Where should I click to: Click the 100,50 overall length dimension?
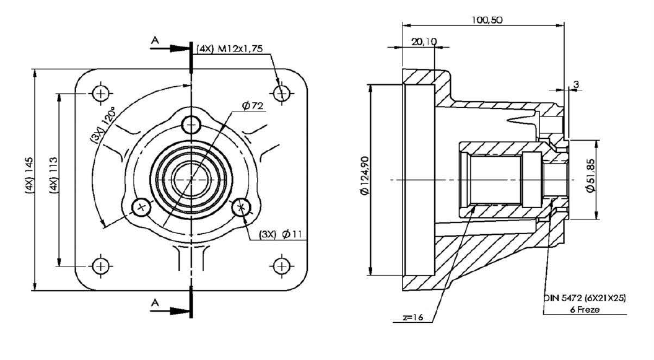(x=487, y=20)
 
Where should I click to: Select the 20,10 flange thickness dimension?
(x=424, y=42)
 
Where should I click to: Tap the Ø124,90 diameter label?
(x=365, y=175)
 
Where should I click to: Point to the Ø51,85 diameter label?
(x=591, y=175)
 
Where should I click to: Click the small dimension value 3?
(x=576, y=84)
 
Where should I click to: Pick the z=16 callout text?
(x=413, y=317)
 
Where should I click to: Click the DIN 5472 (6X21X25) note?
(x=585, y=298)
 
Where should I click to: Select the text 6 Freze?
(x=585, y=310)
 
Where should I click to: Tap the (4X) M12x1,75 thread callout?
(x=230, y=48)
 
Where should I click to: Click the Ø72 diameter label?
(x=253, y=106)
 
